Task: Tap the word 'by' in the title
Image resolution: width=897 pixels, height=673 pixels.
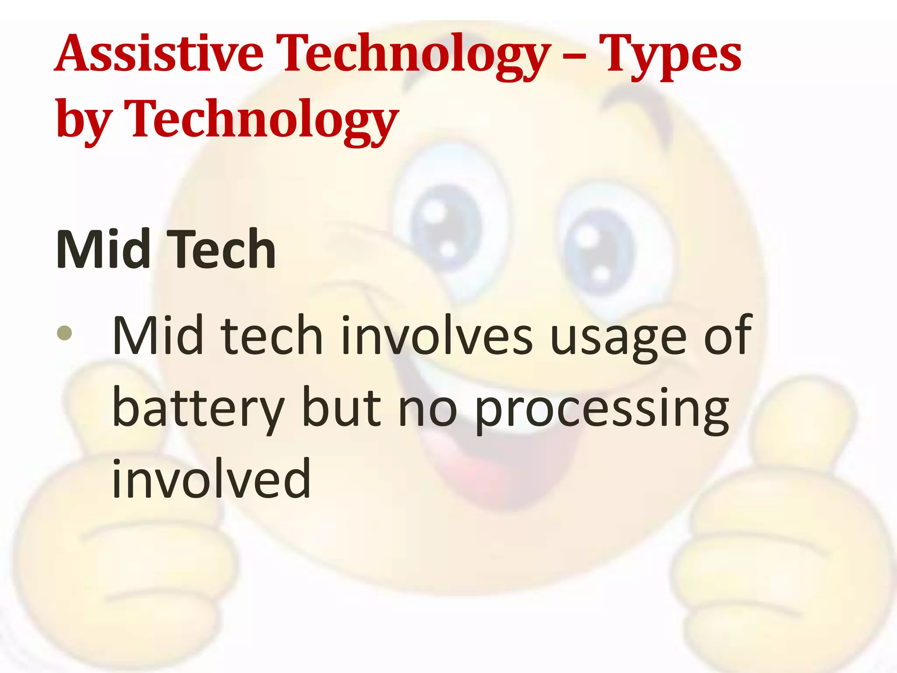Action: pos(83,118)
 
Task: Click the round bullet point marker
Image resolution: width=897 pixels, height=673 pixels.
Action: pos(64,333)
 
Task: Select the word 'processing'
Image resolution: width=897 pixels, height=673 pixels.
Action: pos(602,410)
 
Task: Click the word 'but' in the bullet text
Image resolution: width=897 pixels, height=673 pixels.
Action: pos(342,407)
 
